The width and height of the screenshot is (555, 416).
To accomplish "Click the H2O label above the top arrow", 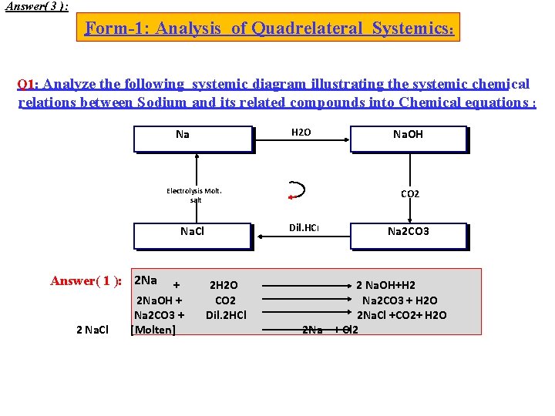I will click(301, 133).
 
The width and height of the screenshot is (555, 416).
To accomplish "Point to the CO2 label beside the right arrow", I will click(410, 194).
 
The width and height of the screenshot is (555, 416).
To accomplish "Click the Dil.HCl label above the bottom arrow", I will click(304, 228).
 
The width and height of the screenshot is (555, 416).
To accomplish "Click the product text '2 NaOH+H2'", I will click(385, 286).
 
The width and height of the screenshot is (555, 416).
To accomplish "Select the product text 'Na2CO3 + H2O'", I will click(400, 300).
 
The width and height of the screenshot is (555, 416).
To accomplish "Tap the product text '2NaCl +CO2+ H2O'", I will click(401, 315).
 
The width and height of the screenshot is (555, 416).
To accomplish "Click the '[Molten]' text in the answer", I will click(154, 330).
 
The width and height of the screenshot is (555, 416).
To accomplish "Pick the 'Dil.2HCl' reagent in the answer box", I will click(225, 315).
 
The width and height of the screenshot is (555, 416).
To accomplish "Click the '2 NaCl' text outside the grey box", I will click(92, 330).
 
